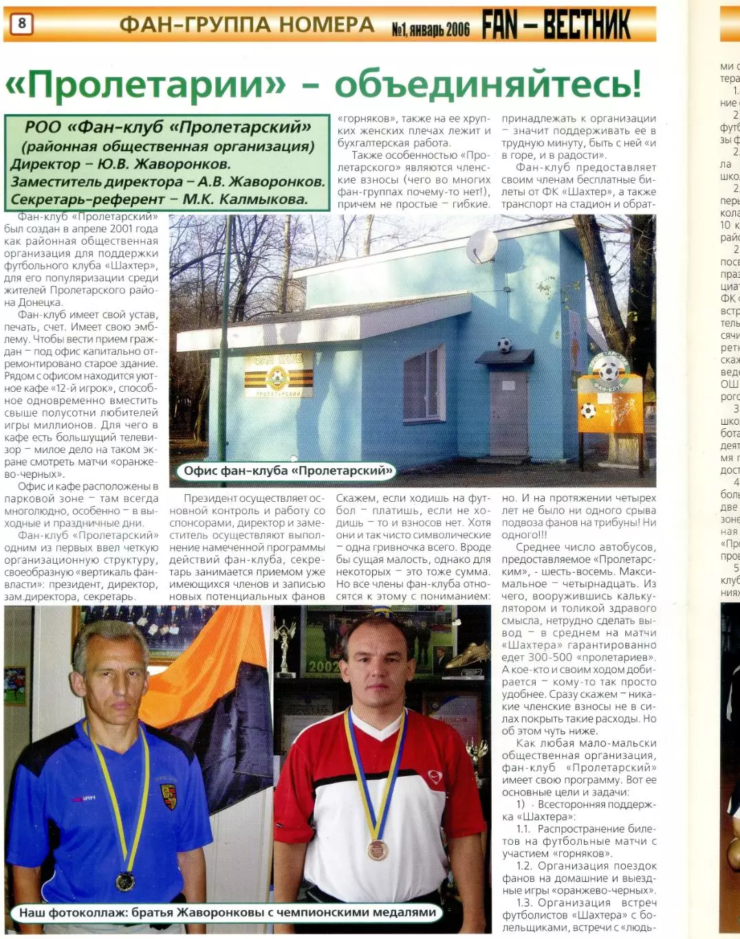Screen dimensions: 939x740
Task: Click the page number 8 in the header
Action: pyautogui.click(x=21, y=24)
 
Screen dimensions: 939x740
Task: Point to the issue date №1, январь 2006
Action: pyautogui.click(x=431, y=29)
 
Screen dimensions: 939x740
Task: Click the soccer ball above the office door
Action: pyautogui.click(x=505, y=345)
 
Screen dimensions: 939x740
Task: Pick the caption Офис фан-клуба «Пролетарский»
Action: pyautogui.click(x=287, y=471)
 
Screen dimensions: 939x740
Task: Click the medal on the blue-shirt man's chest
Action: pyautogui.click(x=125, y=881)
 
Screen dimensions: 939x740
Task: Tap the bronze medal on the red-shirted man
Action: pyautogui.click(x=377, y=850)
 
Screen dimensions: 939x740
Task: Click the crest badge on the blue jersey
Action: pyautogui.click(x=168, y=795)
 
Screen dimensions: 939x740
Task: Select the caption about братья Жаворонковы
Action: pyautogui.click(x=228, y=912)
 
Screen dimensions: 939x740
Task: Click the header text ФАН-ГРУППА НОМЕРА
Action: pyautogui.click(x=247, y=25)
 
